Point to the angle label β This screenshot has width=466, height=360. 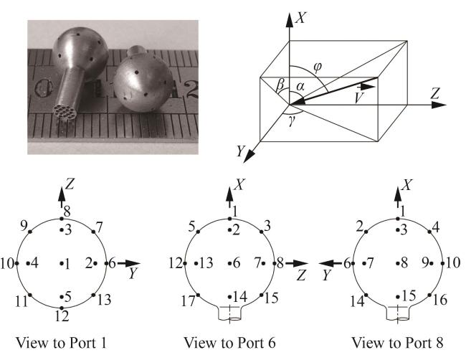(280, 85)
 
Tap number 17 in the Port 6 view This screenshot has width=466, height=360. (189, 301)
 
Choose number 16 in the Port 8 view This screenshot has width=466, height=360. (440, 299)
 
